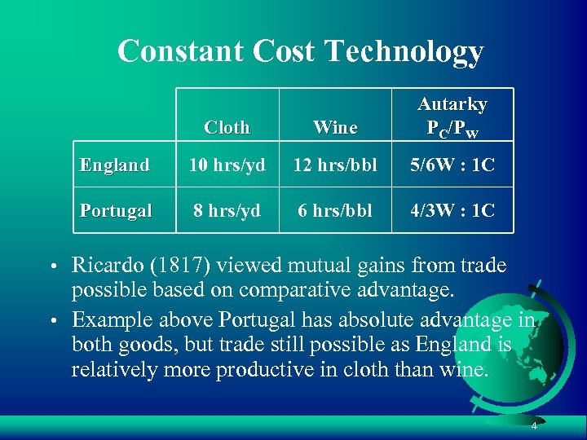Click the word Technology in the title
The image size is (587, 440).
coord(404,51)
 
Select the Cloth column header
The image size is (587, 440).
coord(227,127)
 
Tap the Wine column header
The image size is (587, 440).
coord(335,127)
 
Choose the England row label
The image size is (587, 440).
coord(115,165)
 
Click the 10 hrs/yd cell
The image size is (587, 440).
coord(227,165)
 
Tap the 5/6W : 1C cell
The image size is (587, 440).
coord(452,165)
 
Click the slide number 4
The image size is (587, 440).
coord(533,426)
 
